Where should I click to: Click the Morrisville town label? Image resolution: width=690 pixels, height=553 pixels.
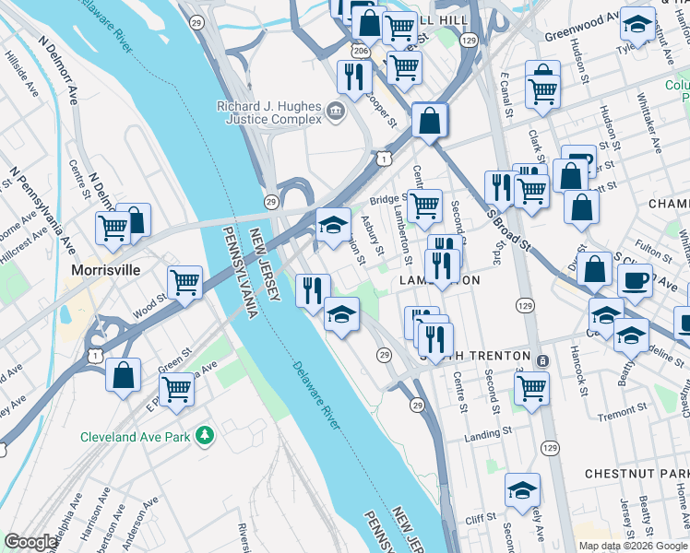[x=107, y=270]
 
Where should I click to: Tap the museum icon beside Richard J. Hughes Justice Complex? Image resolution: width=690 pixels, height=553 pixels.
[x=335, y=112]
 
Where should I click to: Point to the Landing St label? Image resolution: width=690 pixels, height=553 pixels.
[x=489, y=431]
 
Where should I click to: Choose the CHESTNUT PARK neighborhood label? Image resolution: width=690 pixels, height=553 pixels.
[x=636, y=474]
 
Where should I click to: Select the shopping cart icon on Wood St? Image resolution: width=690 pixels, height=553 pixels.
[x=184, y=282]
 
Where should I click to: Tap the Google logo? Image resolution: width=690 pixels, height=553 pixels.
[x=31, y=542]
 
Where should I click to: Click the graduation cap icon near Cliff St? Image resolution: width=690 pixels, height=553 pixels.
[x=522, y=489]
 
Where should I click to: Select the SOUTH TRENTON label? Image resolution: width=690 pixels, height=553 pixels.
[x=474, y=356]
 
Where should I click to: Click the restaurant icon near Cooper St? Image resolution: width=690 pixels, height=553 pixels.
[x=353, y=76]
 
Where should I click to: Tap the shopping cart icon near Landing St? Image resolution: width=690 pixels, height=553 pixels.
[x=531, y=388]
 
